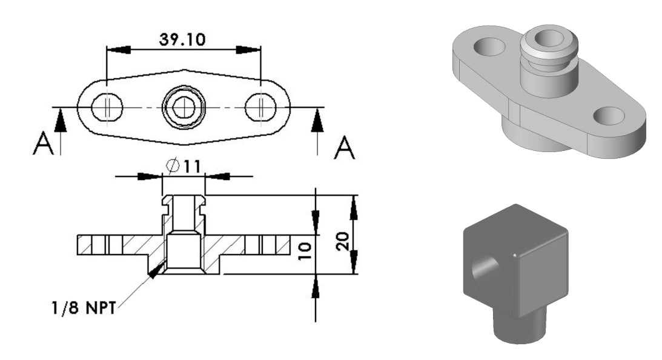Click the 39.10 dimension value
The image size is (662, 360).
point(182,39)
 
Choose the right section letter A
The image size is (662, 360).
point(345,147)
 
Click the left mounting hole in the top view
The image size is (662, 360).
point(107,108)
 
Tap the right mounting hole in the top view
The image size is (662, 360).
point(260,108)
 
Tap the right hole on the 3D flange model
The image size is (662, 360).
point(611,113)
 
